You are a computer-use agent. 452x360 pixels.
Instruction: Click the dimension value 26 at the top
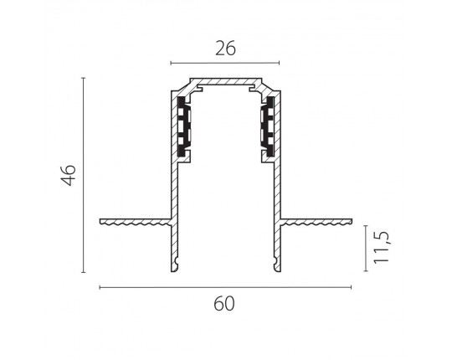pos(225,49)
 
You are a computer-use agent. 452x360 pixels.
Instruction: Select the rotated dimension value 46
pos(69,175)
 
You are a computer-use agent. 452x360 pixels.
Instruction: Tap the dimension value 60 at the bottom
pos(224,304)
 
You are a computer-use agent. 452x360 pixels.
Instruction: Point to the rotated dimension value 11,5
pos(382,247)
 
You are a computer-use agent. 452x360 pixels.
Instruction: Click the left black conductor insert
pos(184,126)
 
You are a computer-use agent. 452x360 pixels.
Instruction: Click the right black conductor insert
pos(268,126)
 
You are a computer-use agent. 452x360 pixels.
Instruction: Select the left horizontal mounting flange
pos(136,222)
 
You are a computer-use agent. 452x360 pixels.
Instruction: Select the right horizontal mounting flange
pos(316,222)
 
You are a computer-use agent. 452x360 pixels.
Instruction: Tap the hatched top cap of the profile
pos(226,81)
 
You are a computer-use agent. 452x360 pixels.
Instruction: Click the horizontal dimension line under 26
pos(225,63)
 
